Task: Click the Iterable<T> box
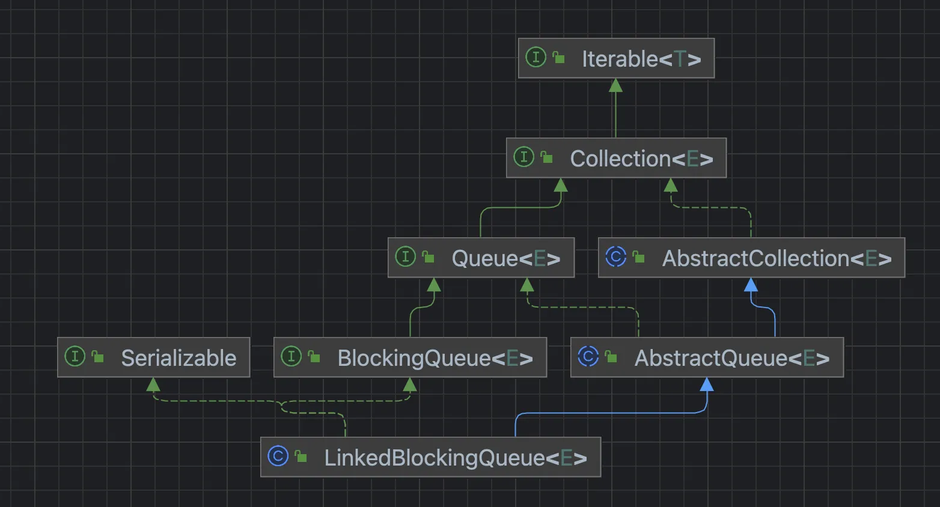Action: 616,58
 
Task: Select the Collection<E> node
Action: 616,158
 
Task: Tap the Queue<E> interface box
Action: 481,258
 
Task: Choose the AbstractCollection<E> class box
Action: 751,258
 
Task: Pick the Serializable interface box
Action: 153,357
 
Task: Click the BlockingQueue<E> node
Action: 410,357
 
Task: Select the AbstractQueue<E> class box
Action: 707,357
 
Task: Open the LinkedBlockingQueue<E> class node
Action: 430,457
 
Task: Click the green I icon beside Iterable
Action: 536,58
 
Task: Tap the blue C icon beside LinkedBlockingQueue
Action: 278,456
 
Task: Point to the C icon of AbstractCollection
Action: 616,257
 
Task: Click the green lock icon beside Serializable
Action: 97,357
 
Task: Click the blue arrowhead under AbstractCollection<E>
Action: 751,285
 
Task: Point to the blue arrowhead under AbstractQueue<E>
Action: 707,384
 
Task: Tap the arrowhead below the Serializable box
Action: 153,384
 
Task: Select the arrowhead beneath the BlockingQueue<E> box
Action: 410,384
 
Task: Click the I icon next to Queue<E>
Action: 405,257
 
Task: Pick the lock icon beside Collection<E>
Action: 546,157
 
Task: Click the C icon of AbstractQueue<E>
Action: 588,356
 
